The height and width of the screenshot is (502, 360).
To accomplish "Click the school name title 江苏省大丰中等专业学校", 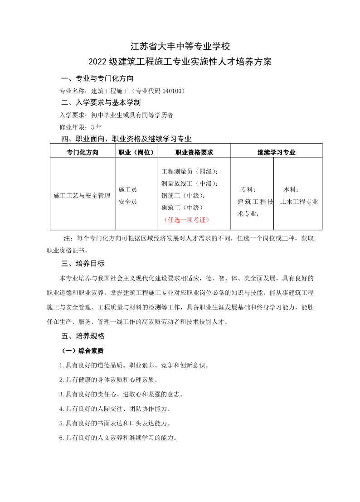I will point(180,46).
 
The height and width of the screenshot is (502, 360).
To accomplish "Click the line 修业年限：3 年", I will point(81,127).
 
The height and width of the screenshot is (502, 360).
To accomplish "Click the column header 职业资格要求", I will point(194,152).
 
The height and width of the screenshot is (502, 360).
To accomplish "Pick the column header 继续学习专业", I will point(276,152).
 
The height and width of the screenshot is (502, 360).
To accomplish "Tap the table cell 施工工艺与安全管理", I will point(82,196).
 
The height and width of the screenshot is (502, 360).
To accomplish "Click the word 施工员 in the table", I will point(128,189).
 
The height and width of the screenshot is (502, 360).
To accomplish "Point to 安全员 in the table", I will point(128,202).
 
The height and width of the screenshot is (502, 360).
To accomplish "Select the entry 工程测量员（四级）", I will point(190,171).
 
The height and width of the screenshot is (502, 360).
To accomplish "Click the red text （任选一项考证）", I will point(186,220).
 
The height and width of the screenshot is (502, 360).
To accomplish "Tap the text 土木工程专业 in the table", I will point(299,202).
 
